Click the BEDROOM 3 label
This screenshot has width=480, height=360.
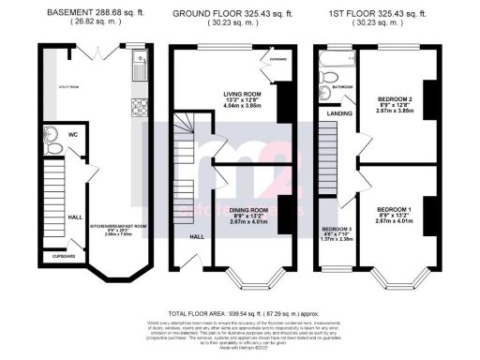click(x=336, y=229)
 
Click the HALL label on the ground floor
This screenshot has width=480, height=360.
click(x=198, y=236)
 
